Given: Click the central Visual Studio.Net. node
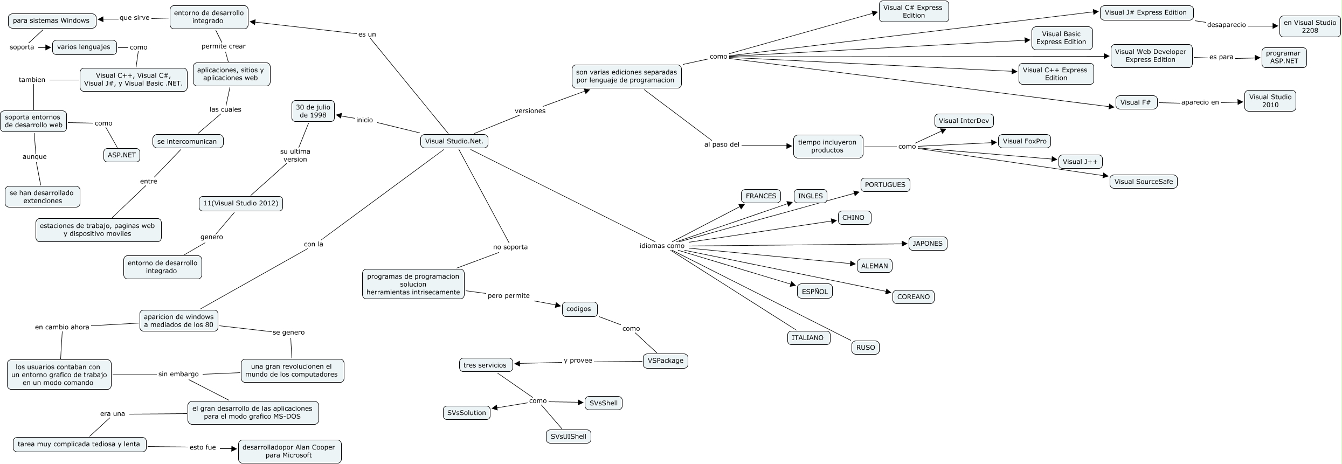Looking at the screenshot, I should point(454,141).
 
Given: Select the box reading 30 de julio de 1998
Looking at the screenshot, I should point(313,111).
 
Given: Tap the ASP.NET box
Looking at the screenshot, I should point(122,155).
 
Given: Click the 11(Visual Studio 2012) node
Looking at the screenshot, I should point(240,203).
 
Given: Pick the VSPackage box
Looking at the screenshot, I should point(665,361).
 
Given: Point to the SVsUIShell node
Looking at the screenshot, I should point(568,437).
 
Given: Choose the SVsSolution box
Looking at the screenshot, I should point(466,413).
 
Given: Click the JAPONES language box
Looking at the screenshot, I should point(927,244).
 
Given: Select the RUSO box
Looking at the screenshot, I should point(865,348).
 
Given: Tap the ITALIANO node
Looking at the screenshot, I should point(807,338).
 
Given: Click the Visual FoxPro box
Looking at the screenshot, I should point(1024,141).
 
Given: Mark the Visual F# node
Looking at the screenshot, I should point(1135,102).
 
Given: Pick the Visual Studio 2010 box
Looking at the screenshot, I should point(1270,101).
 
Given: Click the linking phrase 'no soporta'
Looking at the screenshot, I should point(510,247).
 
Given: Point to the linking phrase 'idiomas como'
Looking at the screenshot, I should point(662,246).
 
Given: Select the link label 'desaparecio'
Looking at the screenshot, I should point(1226,25).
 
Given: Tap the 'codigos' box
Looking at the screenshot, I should point(579,309).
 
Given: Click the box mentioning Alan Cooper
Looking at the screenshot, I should point(289,451).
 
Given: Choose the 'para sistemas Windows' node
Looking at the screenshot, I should point(51,20).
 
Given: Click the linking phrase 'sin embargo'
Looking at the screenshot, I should point(178,374).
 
